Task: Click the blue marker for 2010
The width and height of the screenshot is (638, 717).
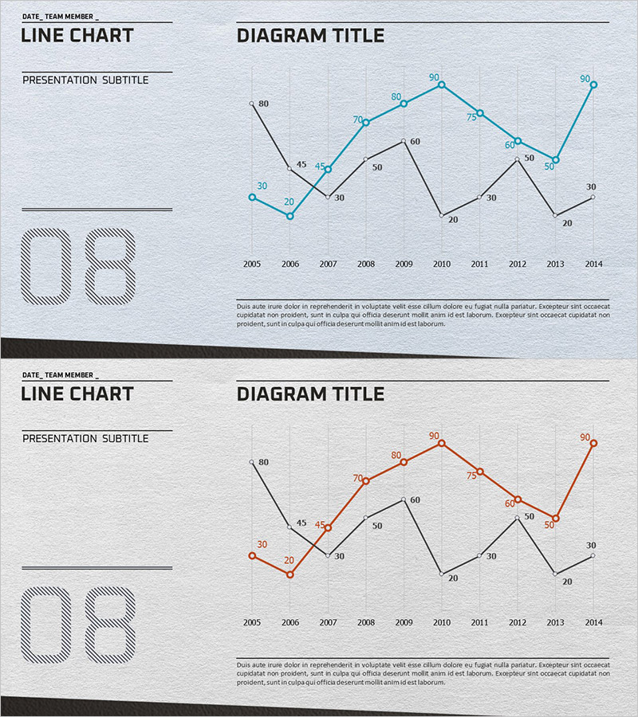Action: click(442, 84)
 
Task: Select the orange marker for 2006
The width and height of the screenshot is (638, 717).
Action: click(289, 574)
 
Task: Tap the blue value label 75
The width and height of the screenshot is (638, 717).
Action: click(471, 116)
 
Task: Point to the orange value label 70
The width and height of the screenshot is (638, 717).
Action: click(357, 478)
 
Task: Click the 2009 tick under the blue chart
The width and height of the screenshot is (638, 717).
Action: click(404, 264)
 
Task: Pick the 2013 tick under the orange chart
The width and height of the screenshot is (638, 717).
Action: click(555, 622)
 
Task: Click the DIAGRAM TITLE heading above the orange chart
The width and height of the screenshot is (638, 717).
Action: click(310, 394)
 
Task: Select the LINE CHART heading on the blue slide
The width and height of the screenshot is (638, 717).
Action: click(77, 35)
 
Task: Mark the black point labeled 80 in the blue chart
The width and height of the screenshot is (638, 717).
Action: click(252, 104)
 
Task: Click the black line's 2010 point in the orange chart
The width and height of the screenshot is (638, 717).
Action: click(442, 574)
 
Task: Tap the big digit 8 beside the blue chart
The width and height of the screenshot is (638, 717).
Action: click(110, 267)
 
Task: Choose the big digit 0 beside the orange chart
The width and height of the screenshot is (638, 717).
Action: click(46, 625)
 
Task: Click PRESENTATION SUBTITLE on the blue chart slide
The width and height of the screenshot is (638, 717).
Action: click(85, 80)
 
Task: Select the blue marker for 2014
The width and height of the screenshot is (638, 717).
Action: click(593, 84)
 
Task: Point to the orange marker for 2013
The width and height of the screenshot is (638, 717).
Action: click(556, 519)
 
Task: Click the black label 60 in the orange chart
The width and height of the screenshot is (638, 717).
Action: click(415, 500)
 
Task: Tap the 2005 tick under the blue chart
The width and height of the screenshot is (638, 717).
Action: click(252, 264)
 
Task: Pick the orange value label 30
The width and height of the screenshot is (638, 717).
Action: click(262, 544)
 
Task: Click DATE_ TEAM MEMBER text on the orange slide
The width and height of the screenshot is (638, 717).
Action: click(61, 374)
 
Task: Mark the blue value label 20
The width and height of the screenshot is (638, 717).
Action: click(289, 202)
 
